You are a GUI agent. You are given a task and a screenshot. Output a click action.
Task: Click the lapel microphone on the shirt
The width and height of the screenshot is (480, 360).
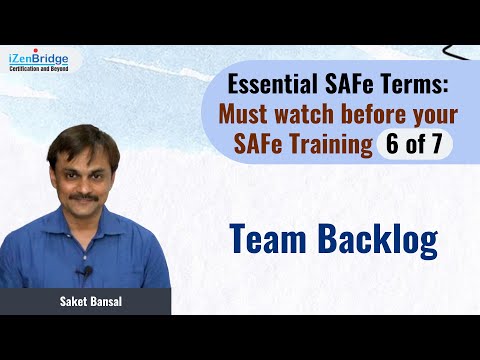pos(88,271)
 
